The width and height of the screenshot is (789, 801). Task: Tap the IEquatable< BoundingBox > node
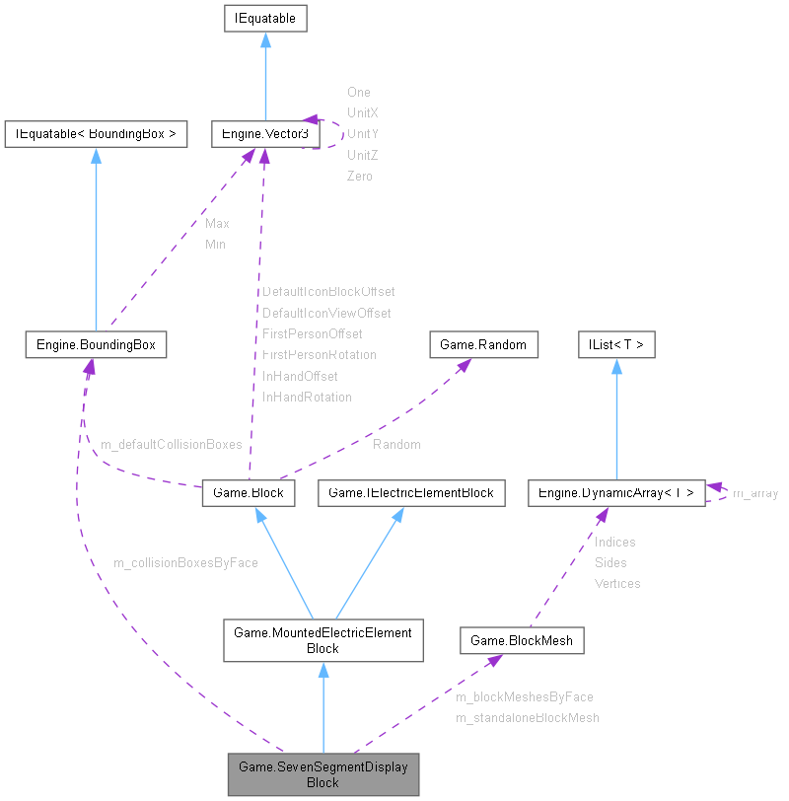(x=96, y=134)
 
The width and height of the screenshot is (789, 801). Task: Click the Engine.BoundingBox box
(x=96, y=344)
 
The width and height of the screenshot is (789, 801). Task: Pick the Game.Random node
(x=484, y=344)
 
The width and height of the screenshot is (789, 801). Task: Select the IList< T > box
(x=616, y=344)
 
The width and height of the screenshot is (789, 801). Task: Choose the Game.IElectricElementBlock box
(x=411, y=492)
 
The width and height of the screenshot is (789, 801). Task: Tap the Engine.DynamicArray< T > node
(x=616, y=492)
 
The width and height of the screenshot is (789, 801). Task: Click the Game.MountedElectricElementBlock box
(x=323, y=640)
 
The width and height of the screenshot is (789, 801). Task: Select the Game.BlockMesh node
(x=522, y=640)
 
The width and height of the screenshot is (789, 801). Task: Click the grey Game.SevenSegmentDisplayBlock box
(x=323, y=774)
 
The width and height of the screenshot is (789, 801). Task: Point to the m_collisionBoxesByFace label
(x=185, y=562)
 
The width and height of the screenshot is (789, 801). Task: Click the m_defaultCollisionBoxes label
(x=171, y=445)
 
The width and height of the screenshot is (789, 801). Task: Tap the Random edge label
(x=396, y=445)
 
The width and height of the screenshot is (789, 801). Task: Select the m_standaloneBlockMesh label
(x=527, y=717)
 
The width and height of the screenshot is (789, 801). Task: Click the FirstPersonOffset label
(x=312, y=333)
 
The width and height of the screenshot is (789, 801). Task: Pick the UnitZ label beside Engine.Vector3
(x=362, y=155)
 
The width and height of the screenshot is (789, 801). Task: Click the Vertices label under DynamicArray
(x=617, y=583)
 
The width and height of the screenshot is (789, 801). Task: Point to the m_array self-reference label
(x=755, y=493)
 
